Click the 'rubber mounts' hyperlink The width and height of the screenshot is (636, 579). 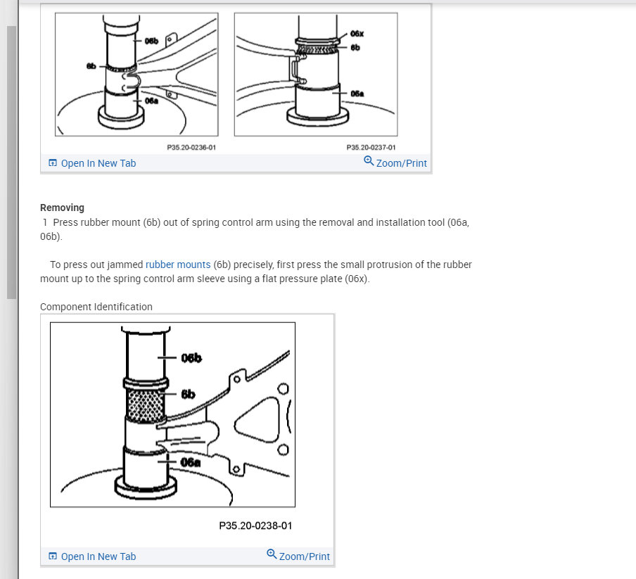tap(178, 265)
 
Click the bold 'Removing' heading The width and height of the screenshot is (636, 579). tap(62, 208)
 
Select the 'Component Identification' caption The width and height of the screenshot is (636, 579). tap(96, 307)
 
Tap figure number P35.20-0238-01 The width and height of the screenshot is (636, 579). tap(255, 526)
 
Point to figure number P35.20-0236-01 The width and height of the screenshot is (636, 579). tap(191, 148)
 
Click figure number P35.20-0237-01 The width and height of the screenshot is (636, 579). tap(371, 148)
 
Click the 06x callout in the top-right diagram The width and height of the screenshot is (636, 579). tap(357, 34)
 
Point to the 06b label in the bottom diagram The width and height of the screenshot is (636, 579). tap(191, 358)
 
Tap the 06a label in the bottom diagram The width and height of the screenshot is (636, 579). tap(191, 462)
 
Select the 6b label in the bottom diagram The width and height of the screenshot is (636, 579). tap(188, 395)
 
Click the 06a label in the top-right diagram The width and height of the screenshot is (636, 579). tap(357, 93)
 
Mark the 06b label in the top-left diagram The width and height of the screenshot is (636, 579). tap(151, 42)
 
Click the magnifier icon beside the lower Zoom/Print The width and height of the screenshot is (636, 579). tap(272, 554)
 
